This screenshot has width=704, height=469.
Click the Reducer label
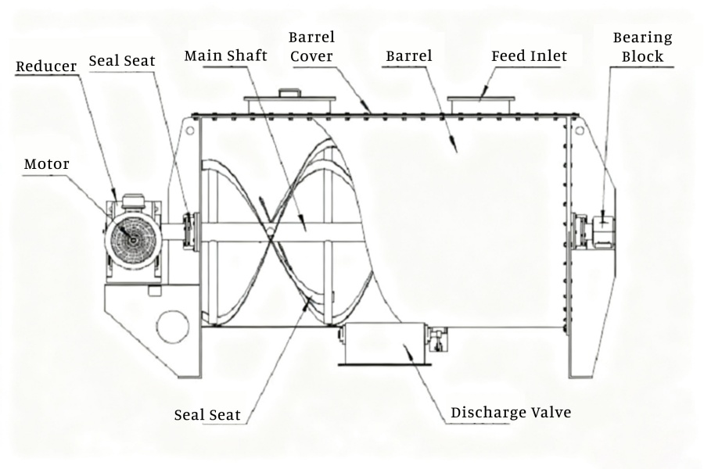point(46,66)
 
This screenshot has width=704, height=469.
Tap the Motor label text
point(46,164)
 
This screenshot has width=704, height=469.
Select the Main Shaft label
point(226,56)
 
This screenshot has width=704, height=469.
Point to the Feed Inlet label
point(529,56)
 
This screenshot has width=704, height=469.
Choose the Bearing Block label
point(641,47)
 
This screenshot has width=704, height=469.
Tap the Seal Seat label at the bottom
point(207,414)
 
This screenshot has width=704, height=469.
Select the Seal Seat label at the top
point(122,60)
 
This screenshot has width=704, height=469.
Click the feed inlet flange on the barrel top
point(480,102)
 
